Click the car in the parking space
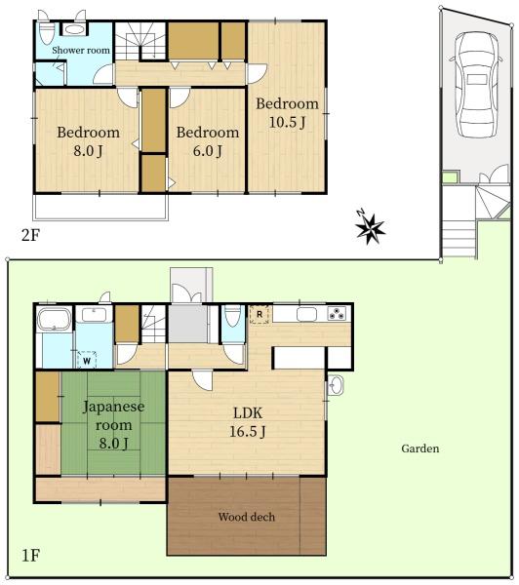(x=477, y=85)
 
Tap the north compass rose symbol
(x=370, y=226)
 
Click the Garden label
(x=420, y=448)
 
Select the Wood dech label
(x=247, y=517)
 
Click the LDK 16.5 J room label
(x=247, y=422)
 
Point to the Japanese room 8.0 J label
(x=113, y=424)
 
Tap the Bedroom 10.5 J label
(x=287, y=113)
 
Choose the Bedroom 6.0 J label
(x=208, y=141)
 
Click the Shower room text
(x=81, y=50)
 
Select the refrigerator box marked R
(x=259, y=315)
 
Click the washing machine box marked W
(x=87, y=361)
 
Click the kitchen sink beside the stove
(x=307, y=314)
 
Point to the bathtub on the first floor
(x=54, y=319)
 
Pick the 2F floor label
(x=30, y=235)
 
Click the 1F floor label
(x=30, y=556)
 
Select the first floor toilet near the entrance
(x=232, y=316)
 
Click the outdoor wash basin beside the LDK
(x=336, y=385)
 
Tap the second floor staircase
(x=140, y=41)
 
